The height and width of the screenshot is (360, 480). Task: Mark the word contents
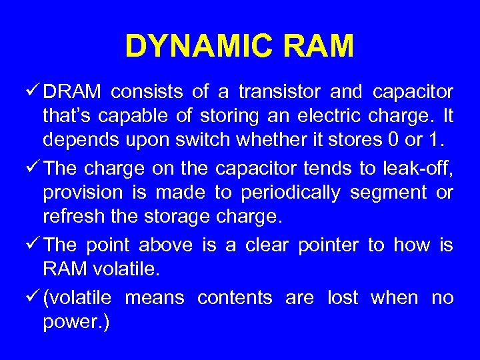[234, 297]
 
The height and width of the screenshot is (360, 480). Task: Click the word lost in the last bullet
[343, 297]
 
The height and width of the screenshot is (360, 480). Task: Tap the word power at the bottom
[70, 323]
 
